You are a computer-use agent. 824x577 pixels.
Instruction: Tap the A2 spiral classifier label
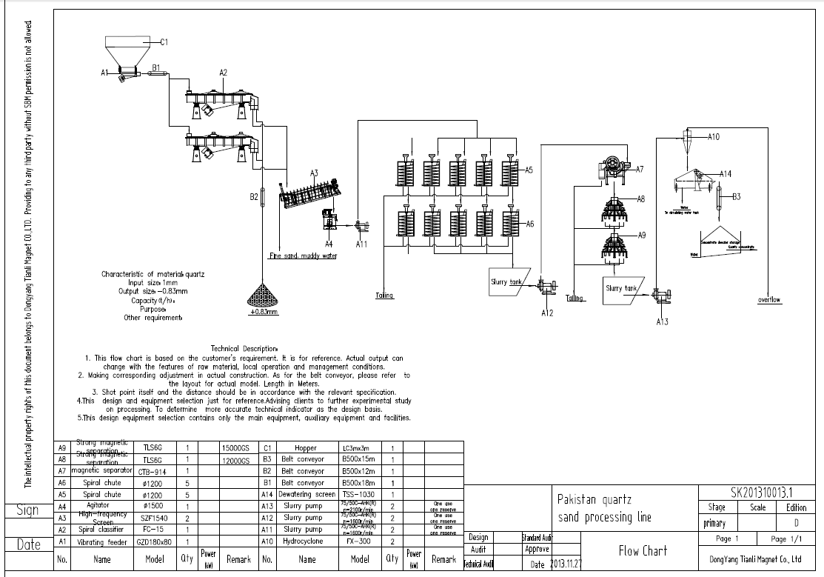[x=223, y=72]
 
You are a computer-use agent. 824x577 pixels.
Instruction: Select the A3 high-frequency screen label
[x=314, y=173]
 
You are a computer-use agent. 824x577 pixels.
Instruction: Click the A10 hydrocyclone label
[x=714, y=136]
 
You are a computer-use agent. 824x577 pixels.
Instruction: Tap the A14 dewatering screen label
[x=726, y=174]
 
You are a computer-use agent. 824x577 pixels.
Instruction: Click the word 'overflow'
[x=769, y=300]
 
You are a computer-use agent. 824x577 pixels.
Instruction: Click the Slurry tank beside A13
[x=622, y=288]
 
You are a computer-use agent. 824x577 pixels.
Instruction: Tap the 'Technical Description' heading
[x=244, y=348]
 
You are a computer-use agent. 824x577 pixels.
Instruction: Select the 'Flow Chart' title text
[x=643, y=550]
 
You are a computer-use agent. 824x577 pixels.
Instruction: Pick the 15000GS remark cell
[x=235, y=448]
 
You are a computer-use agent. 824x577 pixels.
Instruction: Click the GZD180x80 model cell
[x=155, y=541]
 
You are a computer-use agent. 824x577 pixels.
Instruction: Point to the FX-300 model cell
[x=360, y=541]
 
